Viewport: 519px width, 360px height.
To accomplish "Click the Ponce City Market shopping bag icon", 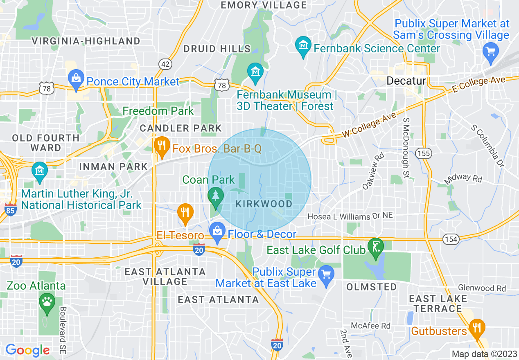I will point(76,76).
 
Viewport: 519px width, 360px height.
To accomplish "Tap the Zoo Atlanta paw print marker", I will point(47,303).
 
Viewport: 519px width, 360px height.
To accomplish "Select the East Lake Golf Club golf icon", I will point(375,247).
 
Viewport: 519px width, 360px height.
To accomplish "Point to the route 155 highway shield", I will point(423,153).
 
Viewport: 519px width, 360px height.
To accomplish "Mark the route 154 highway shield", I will point(451,239).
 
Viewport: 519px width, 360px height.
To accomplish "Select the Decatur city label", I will point(406,81).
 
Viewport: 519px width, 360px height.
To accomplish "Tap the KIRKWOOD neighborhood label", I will point(264,204).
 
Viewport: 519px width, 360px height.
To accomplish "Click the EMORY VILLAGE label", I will point(264,5).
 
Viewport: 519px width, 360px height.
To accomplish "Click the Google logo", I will point(27,350).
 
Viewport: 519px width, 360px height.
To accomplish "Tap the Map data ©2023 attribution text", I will point(483,354).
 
